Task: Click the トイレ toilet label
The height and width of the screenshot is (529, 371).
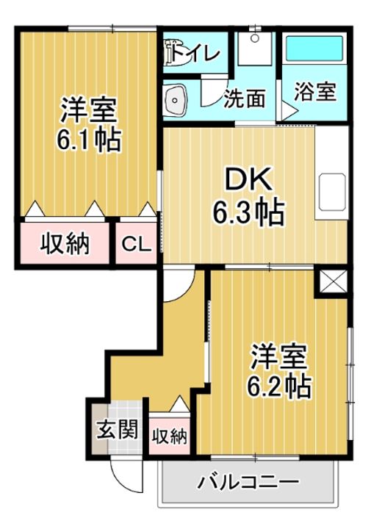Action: [196, 54]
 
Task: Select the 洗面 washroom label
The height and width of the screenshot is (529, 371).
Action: [245, 98]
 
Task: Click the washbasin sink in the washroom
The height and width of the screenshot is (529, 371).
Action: [174, 100]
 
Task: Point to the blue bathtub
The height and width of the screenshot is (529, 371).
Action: [314, 48]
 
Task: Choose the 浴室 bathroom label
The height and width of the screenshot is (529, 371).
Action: [315, 91]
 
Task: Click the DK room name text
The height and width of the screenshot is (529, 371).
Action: [248, 179]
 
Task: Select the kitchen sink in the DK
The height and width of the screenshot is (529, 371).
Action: [332, 192]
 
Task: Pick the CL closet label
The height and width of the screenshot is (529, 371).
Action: [136, 244]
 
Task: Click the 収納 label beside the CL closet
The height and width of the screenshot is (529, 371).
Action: [65, 244]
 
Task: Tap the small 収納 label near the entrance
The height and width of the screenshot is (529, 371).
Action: [169, 437]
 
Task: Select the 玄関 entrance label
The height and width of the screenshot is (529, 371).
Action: [118, 429]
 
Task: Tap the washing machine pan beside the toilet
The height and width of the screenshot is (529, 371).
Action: [255, 48]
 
